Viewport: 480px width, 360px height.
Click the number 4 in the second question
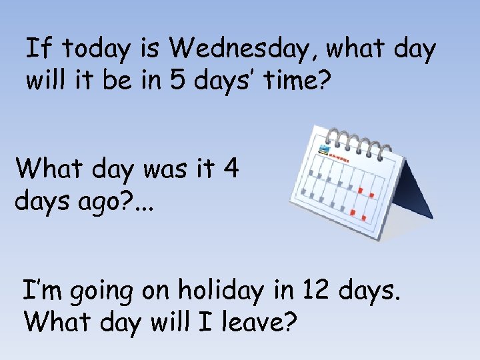[x=231, y=169]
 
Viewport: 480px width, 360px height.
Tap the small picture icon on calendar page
[x=325, y=149]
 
